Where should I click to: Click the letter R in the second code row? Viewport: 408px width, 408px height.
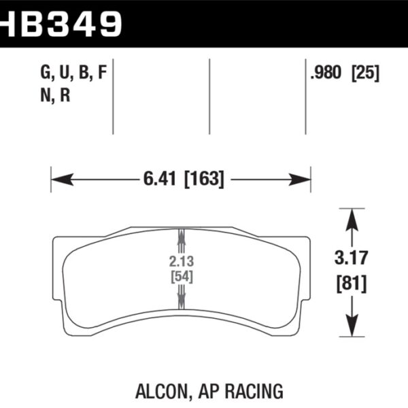pos(65,95)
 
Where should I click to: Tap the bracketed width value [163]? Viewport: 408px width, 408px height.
pos(202,180)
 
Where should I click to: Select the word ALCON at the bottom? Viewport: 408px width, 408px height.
pos(171,391)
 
